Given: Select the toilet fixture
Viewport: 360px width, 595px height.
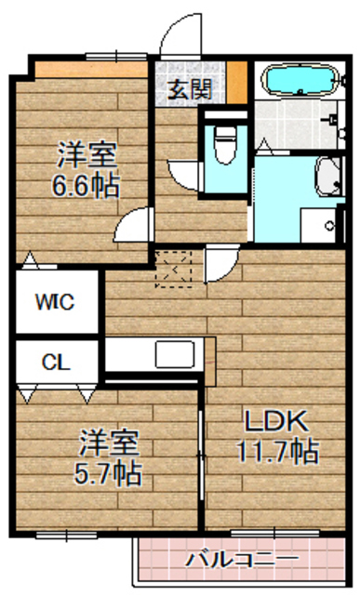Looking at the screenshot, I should pyautogui.click(x=223, y=140).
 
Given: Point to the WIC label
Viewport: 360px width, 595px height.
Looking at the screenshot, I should pyautogui.click(x=55, y=301).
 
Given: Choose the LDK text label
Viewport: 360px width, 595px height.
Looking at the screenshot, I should pyautogui.click(x=275, y=420).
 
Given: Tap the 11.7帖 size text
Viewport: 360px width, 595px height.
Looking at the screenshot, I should pyautogui.click(x=275, y=453).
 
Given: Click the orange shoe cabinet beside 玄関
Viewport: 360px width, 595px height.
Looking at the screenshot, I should pyautogui.click(x=237, y=82).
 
